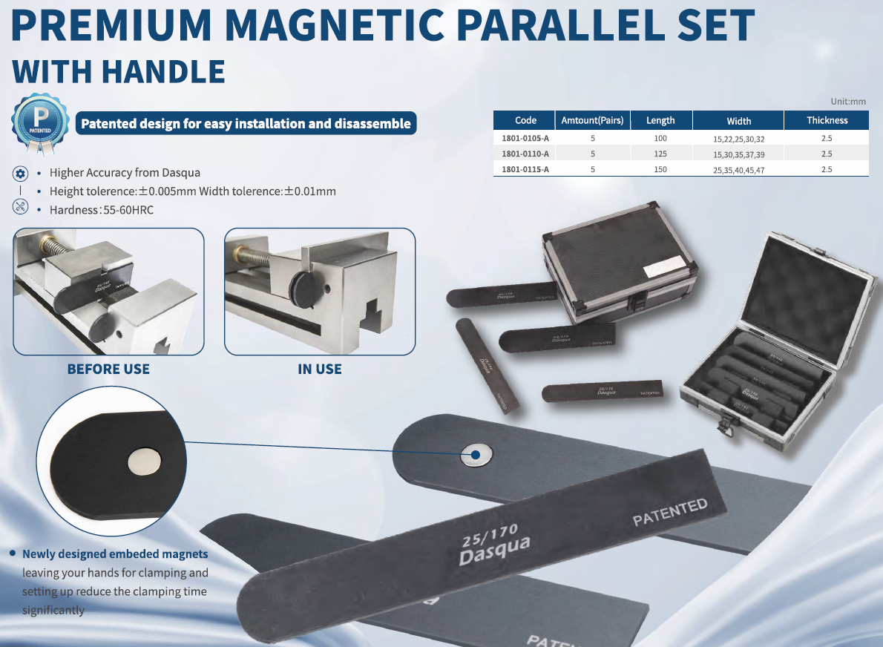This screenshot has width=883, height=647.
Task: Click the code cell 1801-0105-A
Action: click(525, 139)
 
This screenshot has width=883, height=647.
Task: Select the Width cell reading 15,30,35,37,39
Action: click(738, 154)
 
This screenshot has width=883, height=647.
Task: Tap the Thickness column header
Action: click(827, 120)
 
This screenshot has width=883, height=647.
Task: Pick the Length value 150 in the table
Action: click(660, 170)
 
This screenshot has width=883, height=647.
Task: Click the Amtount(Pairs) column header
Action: click(592, 120)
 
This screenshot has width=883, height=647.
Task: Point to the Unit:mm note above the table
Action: click(847, 102)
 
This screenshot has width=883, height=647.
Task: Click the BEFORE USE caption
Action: click(108, 369)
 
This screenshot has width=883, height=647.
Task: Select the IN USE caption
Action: click(320, 369)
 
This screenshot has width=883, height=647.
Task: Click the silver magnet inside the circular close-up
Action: click(144, 462)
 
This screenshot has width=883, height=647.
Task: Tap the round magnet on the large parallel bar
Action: click(476, 454)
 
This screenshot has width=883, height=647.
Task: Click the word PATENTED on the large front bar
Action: click(669, 512)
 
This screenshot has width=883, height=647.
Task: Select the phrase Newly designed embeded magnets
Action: click(115, 554)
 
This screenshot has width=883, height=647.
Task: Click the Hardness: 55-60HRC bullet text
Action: click(102, 210)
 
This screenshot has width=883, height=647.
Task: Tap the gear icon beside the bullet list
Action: click(21, 173)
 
